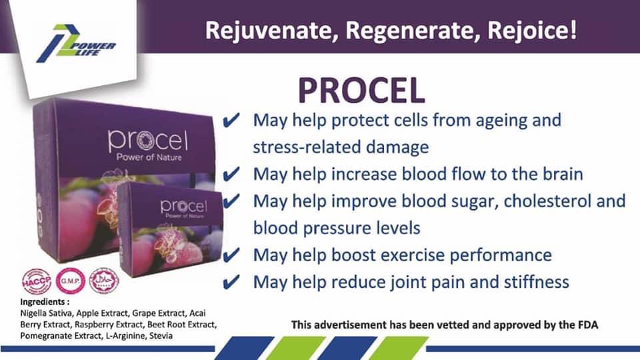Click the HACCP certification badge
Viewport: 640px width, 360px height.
click(x=36, y=281)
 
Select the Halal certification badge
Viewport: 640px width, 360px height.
click(x=103, y=280)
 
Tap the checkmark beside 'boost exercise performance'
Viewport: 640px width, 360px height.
click(x=231, y=256)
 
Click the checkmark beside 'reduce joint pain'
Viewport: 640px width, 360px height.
click(x=231, y=283)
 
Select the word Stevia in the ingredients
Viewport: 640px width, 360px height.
click(x=161, y=335)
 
